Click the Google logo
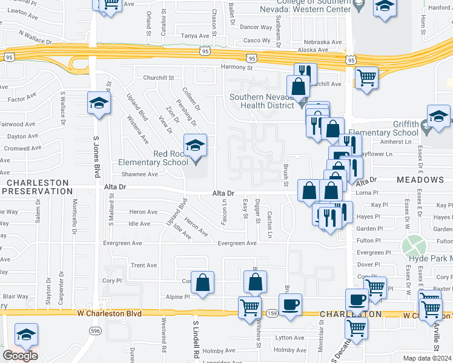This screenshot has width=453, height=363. coord(20,356)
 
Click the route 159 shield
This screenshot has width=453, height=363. coord(273,313)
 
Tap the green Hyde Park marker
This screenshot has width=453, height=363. coord(414,246)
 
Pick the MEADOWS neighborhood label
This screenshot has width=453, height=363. coord(420,180)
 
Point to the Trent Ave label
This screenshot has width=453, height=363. coord(144,265)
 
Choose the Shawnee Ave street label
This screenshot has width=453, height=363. coord(140,174)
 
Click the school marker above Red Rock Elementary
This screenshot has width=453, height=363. coord(195,146)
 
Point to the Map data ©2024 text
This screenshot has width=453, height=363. coord(427,358)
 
